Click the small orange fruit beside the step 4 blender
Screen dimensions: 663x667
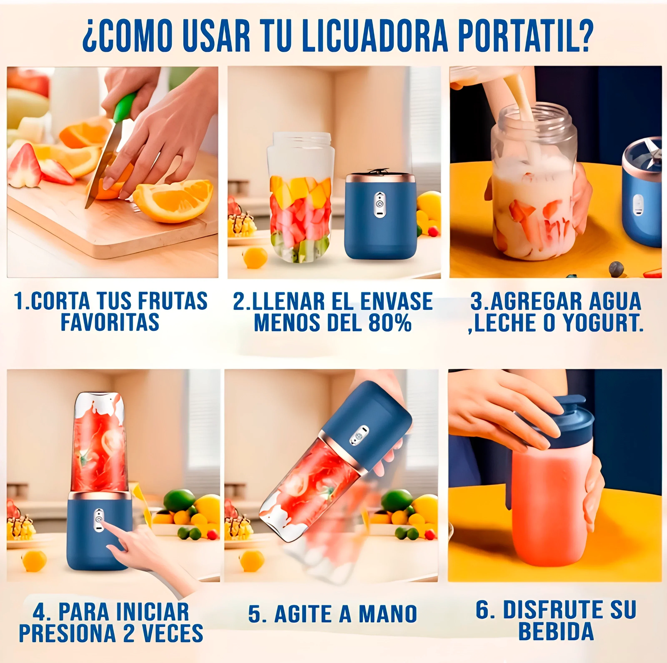click(x=34, y=561)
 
